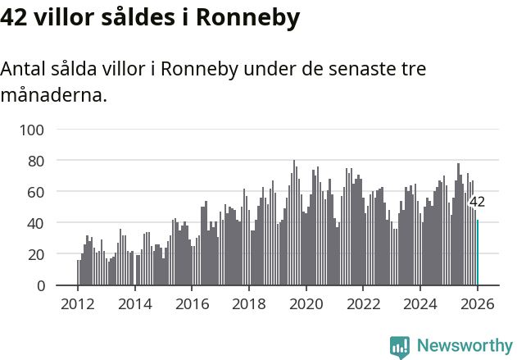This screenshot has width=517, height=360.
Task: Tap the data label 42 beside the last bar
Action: (x=477, y=202)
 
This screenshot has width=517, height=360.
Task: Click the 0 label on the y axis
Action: (x=39, y=285)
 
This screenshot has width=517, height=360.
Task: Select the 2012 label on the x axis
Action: (x=78, y=305)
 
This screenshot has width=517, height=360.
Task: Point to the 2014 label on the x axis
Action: (x=135, y=305)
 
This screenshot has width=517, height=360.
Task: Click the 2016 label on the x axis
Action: (x=192, y=305)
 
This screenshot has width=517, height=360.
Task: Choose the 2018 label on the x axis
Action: (x=249, y=305)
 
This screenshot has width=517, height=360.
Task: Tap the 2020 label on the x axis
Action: (x=306, y=305)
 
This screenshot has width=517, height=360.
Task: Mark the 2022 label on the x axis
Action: (x=364, y=305)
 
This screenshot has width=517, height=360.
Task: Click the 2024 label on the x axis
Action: (x=421, y=305)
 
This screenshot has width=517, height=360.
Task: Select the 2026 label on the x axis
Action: (x=478, y=305)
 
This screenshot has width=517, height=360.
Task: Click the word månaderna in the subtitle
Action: (x=53, y=96)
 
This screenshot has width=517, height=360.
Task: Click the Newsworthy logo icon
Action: (x=400, y=347)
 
